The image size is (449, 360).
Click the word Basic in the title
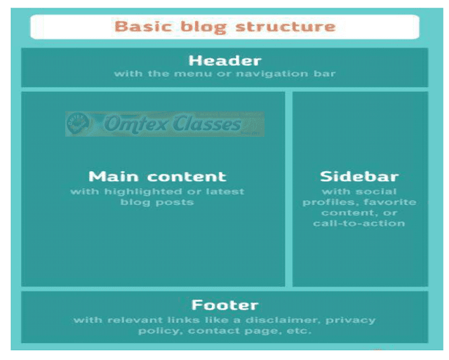pyautogui.click(x=138, y=27)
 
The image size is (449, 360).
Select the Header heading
pyautogui.click(x=224, y=60)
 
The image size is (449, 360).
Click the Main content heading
pyautogui.click(x=157, y=176)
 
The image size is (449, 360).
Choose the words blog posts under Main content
pyautogui.click(x=157, y=202)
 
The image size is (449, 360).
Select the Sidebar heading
pyautogui.click(x=359, y=176)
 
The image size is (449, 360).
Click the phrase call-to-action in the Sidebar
pyautogui.click(x=359, y=223)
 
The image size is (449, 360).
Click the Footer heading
pyautogui.click(x=224, y=305)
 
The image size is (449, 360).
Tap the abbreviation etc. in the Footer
pyautogui.click(x=298, y=331)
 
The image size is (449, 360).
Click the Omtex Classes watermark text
pyautogui.click(x=173, y=125)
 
